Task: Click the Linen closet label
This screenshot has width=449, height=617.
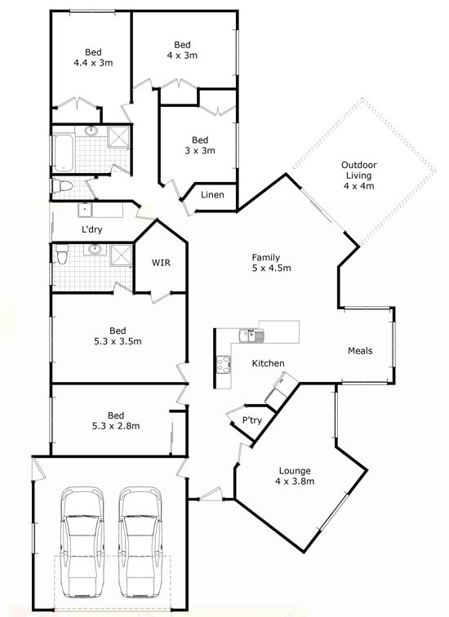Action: coord(212,195)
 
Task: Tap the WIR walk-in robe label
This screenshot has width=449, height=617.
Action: coord(162,263)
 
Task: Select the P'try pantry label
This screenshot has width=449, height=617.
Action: coord(252,420)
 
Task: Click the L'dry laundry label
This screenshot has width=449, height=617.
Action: coord(92,229)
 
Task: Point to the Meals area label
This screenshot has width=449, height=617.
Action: coord(360,351)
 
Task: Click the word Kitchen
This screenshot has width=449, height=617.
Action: coord(268,363)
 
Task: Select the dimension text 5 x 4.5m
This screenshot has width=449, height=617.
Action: coord(272,269)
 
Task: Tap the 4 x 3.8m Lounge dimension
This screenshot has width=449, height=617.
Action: coord(295,482)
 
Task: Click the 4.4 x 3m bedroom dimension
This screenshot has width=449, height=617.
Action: coord(93,63)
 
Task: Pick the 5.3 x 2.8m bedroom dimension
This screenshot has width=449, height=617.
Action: coord(116,426)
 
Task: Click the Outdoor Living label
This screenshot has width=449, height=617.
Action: coord(358,171)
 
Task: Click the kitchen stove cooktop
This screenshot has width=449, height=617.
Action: coord(224,364)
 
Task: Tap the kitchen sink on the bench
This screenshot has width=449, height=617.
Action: coord(251,335)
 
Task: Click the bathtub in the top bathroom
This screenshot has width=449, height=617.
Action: coord(64,153)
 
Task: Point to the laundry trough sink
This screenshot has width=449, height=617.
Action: coord(85,211)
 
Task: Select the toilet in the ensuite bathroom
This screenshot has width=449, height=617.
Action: coord(62,254)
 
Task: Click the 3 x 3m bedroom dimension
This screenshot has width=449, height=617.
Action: coord(200,151)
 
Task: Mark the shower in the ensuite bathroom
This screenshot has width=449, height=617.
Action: coord(121,255)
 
